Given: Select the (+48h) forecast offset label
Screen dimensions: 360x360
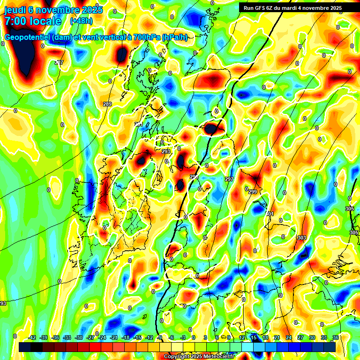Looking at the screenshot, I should (x=81, y=21).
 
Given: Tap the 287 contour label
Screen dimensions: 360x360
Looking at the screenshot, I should (x=59, y=62).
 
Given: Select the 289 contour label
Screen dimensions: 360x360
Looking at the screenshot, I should (x=107, y=104).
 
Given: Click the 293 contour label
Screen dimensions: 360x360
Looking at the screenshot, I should (x=166, y=151).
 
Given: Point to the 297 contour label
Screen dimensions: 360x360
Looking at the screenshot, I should (x=229, y=180).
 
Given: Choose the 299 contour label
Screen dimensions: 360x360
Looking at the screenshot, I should (x=253, y=192).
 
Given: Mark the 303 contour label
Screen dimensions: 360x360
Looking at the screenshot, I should (x=301, y=238).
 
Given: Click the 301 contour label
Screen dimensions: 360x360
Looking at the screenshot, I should (x=269, y=214).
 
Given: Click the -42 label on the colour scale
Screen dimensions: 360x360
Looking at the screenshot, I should (x=32, y=337).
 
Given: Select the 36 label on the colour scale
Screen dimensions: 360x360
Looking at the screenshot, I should (x=335, y=337).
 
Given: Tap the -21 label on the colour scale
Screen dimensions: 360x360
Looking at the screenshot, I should (x=113, y=337).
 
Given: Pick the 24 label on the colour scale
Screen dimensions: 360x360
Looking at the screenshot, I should (x=289, y=337).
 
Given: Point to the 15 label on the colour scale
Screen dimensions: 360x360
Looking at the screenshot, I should (x=254, y=337).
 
